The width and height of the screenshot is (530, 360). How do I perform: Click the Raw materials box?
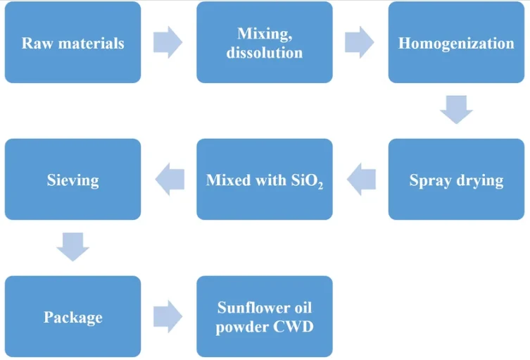72,42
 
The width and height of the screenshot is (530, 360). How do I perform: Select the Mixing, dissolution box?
265,42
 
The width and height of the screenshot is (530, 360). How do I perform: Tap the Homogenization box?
456,42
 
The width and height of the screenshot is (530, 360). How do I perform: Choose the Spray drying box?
456,180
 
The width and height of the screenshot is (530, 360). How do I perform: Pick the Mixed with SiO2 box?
265,180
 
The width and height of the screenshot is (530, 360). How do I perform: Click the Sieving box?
72,180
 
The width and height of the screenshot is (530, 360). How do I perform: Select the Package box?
72,316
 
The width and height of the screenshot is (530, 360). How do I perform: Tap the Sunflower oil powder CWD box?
265,316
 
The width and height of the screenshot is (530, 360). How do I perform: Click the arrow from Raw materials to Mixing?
168,42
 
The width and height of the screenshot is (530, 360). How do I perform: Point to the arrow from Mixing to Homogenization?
359,42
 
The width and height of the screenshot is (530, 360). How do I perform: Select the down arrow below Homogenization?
456,110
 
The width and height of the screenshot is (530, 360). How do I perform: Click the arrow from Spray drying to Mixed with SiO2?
361,180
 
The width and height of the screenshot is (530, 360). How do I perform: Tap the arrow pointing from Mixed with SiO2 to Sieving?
170,180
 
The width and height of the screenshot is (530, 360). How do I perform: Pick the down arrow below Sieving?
72,247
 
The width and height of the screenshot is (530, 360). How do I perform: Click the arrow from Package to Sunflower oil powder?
168,316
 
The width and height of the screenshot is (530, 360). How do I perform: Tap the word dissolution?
265,53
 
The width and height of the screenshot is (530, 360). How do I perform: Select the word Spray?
430,181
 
